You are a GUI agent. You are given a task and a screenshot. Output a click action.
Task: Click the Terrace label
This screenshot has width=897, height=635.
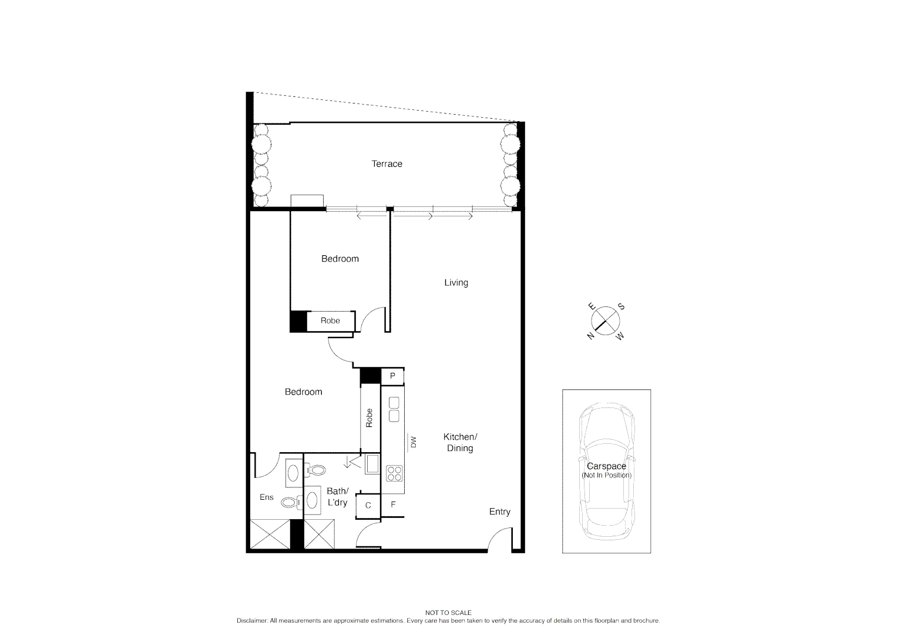(387, 164)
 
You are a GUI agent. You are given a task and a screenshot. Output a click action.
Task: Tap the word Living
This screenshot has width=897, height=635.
(456, 283)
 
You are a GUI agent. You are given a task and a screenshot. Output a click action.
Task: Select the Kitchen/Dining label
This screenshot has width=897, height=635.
(460, 443)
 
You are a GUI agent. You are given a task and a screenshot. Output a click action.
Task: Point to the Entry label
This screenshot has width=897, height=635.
(499, 512)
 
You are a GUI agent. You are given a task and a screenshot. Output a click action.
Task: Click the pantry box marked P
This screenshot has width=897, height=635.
(392, 376)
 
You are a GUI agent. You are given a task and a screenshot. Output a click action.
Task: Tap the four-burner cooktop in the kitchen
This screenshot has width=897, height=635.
(394, 472)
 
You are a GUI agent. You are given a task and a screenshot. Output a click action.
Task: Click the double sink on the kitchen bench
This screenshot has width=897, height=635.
(394, 409)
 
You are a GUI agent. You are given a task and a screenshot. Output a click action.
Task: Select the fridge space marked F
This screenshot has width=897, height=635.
(393, 504)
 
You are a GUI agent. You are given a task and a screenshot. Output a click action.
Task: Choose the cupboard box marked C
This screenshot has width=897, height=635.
(368, 506)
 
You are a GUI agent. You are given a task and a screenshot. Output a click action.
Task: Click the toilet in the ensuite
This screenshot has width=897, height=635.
(290, 502)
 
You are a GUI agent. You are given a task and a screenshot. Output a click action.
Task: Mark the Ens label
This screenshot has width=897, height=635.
(267, 497)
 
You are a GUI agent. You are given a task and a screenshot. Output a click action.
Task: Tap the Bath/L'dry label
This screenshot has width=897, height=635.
(338, 497)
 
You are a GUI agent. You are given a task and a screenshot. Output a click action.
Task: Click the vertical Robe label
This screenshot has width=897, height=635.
(369, 418)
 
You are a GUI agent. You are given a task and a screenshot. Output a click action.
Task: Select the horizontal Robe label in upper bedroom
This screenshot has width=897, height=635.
(330, 321)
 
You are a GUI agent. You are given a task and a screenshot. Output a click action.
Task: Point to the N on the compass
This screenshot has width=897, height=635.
(590, 335)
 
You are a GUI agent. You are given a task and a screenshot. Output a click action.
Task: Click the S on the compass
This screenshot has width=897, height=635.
(621, 308)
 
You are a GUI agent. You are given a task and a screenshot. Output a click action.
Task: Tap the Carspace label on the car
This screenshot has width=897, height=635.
(606, 466)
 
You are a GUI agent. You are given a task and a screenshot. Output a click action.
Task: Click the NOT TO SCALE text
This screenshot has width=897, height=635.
(448, 613)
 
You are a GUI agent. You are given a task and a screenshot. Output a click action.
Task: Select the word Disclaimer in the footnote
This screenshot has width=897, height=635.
(253, 621)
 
